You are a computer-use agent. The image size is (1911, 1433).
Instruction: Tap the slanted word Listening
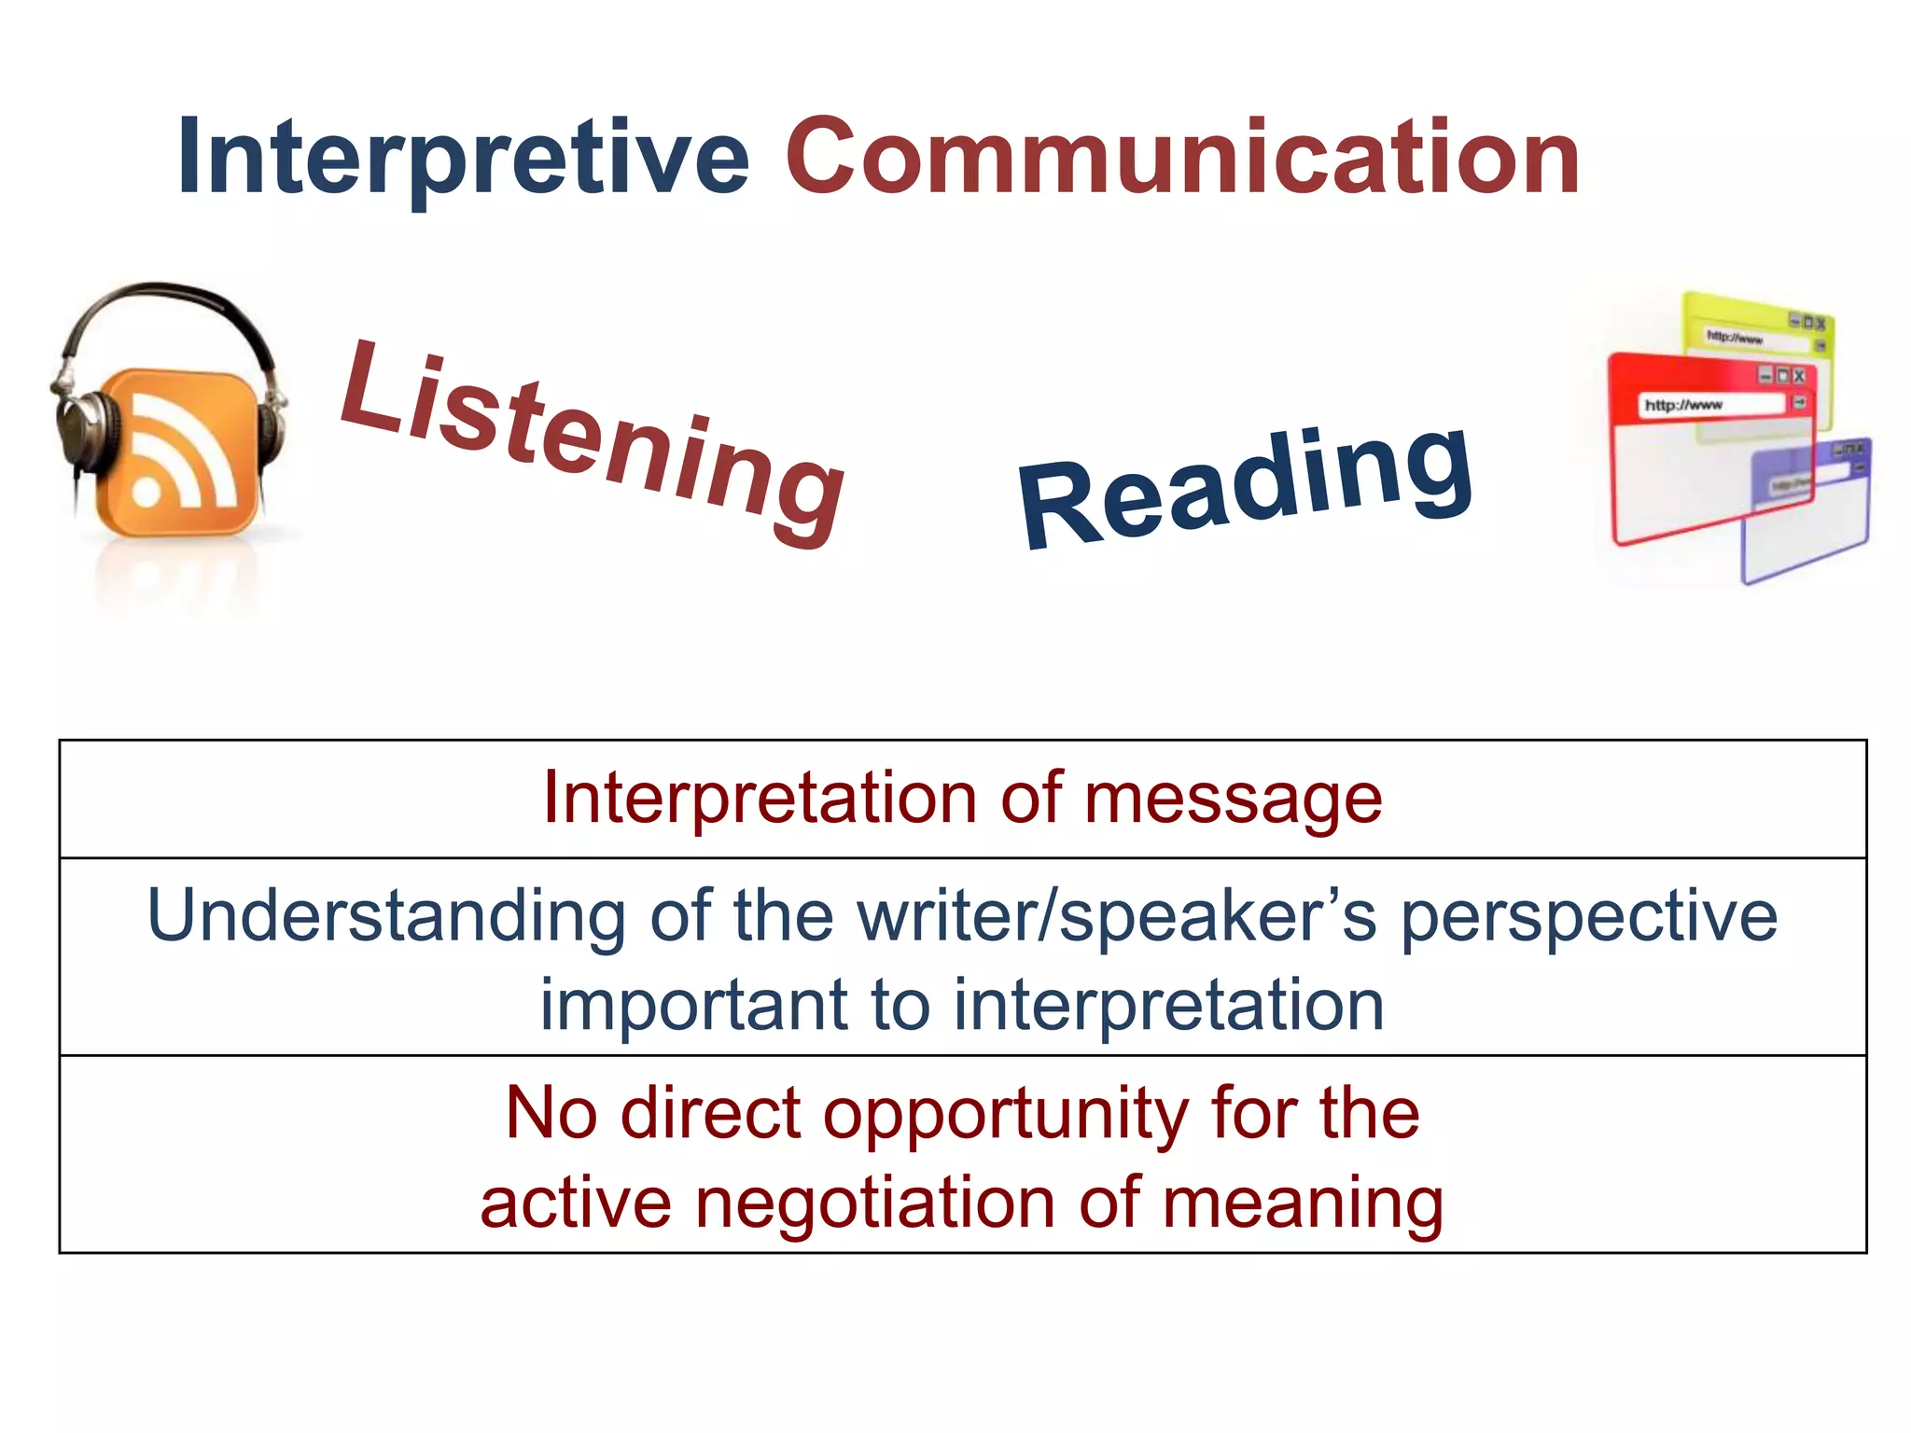592,442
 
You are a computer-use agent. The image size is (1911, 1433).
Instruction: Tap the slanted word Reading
1247,485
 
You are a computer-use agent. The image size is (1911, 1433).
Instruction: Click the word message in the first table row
1232,800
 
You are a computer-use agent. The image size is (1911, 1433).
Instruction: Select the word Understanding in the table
386,917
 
